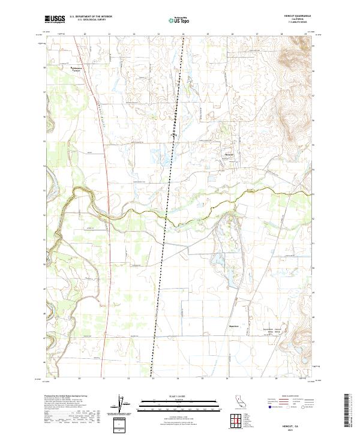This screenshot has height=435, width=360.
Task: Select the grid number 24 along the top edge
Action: click(x=182, y=34)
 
